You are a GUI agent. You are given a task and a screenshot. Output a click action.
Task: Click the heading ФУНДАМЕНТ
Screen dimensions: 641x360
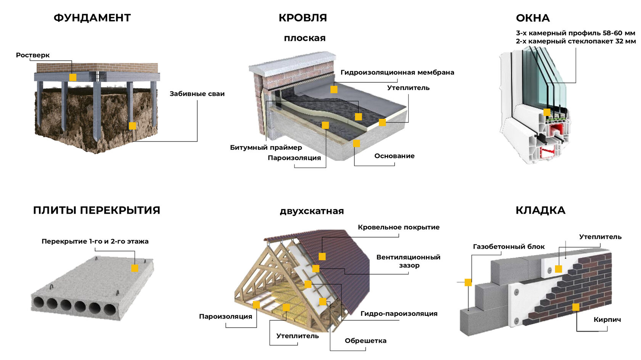point(92,18)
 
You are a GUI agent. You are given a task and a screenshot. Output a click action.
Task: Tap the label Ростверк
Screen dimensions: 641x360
point(33,55)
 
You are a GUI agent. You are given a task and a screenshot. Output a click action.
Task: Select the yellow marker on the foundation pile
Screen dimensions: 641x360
point(132,126)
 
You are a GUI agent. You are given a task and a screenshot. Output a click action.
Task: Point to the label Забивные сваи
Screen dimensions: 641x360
point(197,94)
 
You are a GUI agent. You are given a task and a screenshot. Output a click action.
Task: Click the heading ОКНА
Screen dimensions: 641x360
point(533,18)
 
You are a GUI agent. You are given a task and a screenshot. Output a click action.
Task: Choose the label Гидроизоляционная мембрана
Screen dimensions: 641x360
point(397,72)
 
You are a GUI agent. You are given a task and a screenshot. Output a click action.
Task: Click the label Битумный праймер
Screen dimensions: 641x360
point(266,148)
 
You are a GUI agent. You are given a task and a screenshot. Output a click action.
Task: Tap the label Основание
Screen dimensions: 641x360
point(395,156)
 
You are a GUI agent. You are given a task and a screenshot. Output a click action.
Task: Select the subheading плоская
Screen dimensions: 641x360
point(305,38)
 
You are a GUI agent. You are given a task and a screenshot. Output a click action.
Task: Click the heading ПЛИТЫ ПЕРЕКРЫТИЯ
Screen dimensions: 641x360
point(97,210)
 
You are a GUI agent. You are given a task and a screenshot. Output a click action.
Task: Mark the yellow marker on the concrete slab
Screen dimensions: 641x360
point(135,268)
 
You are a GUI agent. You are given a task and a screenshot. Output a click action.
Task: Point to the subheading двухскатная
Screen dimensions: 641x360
point(312,211)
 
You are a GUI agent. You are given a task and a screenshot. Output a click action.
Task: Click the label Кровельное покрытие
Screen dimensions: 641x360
point(399,227)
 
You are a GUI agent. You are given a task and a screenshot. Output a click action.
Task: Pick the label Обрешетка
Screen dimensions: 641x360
point(366,341)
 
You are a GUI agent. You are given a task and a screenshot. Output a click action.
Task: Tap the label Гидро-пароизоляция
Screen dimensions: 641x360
point(399,314)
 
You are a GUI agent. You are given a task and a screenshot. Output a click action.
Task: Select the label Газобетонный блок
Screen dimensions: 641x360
point(509,246)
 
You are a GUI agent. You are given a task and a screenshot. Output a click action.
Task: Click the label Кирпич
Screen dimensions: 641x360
point(607,320)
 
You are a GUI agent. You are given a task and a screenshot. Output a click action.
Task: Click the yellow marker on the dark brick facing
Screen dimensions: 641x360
point(576,307)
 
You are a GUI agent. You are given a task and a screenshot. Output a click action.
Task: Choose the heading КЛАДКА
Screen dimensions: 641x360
point(540,210)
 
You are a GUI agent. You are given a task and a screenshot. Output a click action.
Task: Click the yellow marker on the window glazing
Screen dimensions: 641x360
point(547,112)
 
